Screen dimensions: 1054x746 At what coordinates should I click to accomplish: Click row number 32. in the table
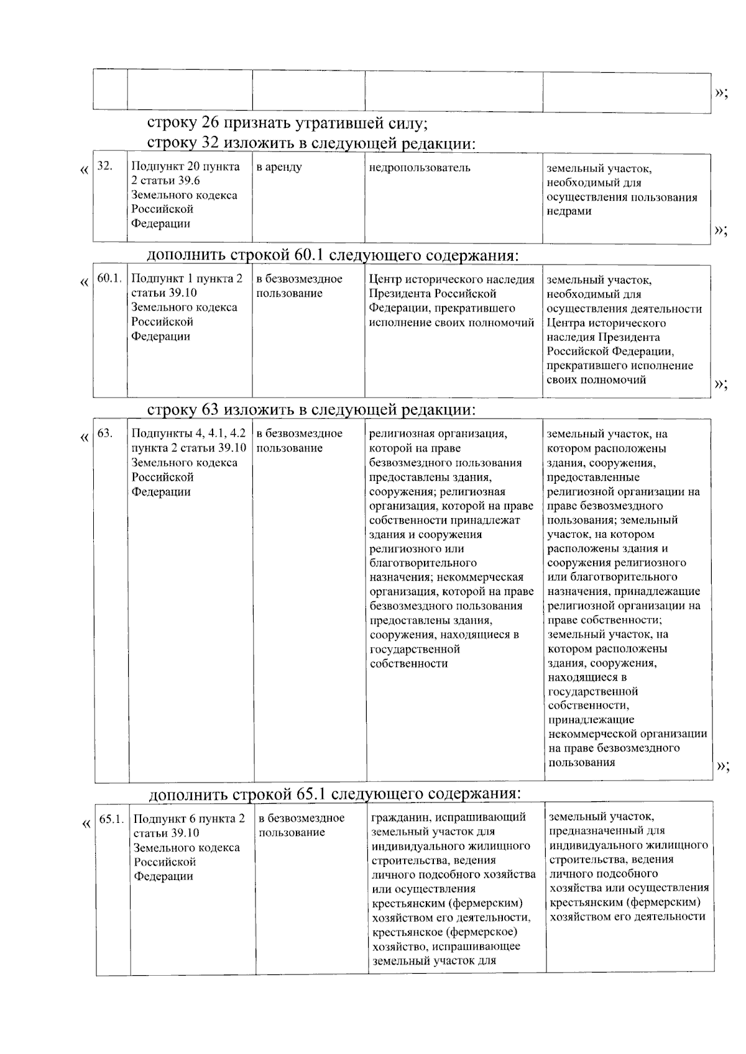click(105, 166)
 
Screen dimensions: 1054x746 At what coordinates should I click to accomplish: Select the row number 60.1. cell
click(109, 278)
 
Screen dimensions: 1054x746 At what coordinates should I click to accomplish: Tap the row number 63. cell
click(105, 433)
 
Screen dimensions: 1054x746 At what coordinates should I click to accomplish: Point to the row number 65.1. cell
click(112, 819)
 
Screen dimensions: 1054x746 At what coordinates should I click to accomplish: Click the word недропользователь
click(420, 168)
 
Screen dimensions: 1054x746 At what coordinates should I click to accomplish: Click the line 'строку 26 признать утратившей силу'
click(287, 123)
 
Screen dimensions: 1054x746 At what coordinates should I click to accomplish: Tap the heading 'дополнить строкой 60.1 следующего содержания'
click(333, 255)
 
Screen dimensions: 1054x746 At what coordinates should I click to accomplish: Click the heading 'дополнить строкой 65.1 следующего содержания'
click(334, 794)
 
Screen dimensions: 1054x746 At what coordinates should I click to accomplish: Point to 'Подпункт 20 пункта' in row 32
click(185, 166)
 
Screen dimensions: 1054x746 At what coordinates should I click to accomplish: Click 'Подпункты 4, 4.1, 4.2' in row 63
click(188, 434)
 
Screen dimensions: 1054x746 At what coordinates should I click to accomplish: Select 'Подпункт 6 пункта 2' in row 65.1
click(189, 819)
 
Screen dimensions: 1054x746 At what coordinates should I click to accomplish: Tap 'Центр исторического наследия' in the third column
click(451, 279)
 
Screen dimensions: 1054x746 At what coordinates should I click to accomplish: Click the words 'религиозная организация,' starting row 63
click(438, 434)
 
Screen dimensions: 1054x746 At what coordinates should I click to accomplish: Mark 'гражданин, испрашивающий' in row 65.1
click(448, 817)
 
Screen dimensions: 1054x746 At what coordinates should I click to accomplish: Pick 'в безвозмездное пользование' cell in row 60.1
click(299, 286)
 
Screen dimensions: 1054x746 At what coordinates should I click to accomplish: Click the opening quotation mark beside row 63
click(85, 438)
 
